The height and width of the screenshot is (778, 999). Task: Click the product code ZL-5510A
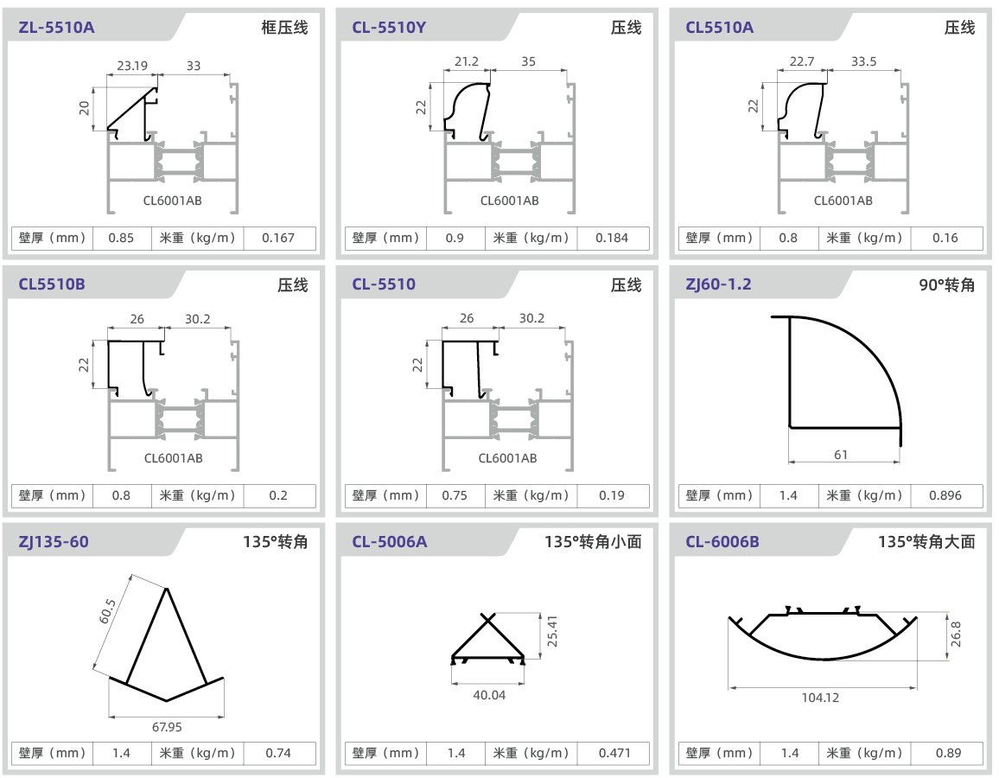(56, 27)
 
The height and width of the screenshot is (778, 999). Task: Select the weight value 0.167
(278, 238)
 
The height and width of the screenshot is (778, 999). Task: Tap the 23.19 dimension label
(132, 65)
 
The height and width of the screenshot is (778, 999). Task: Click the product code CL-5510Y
(389, 27)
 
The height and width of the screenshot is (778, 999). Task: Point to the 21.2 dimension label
(466, 61)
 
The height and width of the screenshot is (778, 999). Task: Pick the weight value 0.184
(612, 238)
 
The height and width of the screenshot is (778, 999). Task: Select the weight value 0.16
(945, 238)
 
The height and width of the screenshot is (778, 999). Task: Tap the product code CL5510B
(52, 284)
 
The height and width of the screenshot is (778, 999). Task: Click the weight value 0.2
(278, 495)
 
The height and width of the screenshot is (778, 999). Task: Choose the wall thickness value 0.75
(455, 495)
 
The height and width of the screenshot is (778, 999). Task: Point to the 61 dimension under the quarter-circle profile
(842, 455)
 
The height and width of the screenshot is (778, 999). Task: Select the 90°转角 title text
(946, 284)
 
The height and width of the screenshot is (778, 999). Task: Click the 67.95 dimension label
(167, 727)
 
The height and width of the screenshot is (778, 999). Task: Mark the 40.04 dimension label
(489, 694)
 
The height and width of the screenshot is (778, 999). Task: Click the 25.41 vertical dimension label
(553, 632)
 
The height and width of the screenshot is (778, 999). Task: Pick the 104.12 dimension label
(820, 698)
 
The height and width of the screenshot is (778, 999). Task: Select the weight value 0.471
(614, 753)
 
